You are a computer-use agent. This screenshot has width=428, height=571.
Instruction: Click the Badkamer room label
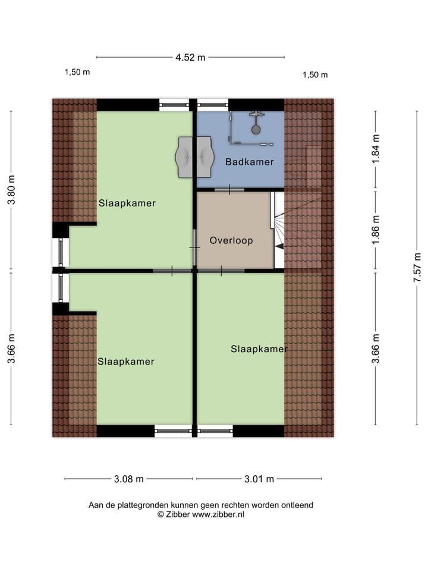(x=249, y=162)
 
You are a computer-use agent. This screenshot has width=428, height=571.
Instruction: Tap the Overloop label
(x=231, y=241)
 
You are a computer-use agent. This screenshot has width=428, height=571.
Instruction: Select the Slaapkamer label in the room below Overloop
(x=259, y=349)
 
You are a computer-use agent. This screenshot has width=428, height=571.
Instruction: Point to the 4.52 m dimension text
(x=190, y=58)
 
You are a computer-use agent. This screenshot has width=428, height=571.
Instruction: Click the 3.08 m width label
(x=129, y=479)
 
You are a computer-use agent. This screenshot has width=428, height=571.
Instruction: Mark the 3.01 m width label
(x=259, y=479)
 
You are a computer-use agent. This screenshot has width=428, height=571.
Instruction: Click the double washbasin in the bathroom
(x=194, y=156)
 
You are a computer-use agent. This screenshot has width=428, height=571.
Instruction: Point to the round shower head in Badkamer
(x=256, y=128)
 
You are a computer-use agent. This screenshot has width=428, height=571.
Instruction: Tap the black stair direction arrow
(x=279, y=246)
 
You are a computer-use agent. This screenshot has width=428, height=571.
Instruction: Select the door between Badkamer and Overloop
(x=229, y=190)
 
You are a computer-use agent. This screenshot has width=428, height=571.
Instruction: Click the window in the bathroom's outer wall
(x=213, y=105)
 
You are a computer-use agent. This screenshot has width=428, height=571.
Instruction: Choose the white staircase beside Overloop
(x=278, y=226)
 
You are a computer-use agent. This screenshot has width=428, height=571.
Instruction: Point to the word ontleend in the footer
(x=297, y=505)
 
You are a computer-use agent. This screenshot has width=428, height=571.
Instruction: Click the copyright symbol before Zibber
(x=160, y=514)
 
